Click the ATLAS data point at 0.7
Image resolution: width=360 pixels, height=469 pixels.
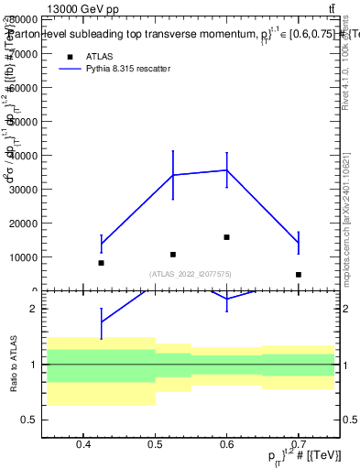click(299, 275)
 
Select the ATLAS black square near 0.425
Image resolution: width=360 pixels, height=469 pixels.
click(101, 263)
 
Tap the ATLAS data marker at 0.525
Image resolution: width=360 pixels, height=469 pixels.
click(173, 255)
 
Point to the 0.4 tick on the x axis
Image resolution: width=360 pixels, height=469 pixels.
click(83, 446)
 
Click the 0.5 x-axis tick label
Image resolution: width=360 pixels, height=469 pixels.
click(155, 446)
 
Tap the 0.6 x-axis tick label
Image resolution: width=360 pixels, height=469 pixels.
click(226, 446)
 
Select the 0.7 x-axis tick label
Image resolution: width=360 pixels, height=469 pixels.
click(299, 446)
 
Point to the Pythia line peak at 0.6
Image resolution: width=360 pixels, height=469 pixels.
click(226, 170)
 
